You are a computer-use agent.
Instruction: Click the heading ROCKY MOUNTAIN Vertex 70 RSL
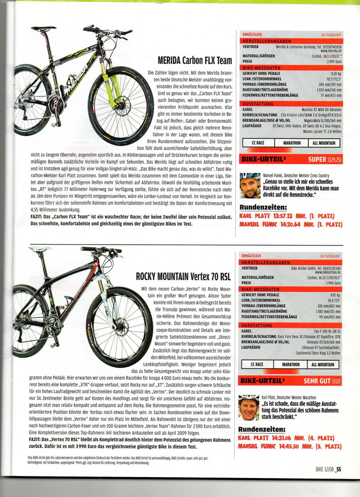[184, 277]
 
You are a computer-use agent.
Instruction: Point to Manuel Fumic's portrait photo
[249, 185]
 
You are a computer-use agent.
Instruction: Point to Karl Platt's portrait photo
[249, 406]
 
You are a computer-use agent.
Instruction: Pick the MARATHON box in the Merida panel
[291, 143]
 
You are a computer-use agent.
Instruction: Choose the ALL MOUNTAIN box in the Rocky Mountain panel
[325, 364]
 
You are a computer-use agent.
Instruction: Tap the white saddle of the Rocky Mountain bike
[39, 249]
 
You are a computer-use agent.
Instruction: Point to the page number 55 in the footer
[339, 467]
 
